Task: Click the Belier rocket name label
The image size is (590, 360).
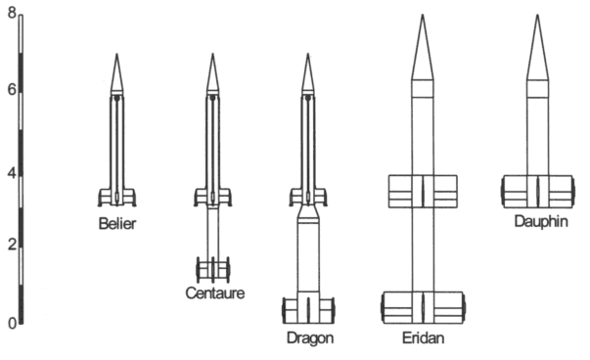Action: coord(117,223)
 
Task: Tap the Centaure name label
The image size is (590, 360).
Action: coord(214,292)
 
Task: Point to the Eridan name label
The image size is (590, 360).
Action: coord(423,337)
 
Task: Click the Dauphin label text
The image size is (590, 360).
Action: coord(541,222)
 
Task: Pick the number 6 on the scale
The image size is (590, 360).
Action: coord(9,90)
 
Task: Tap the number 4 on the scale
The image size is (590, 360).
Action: coord(9,174)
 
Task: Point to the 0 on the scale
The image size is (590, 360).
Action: coord(9,322)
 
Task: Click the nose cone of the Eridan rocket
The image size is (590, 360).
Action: coord(423,49)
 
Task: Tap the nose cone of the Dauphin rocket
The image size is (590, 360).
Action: coord(538,49)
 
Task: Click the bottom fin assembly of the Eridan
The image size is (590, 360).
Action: coord(423,306)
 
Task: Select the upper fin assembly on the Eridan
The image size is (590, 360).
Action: coord(423,191)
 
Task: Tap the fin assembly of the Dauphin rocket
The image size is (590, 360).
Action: coord(538,191)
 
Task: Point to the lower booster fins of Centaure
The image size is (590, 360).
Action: coord(212,268)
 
